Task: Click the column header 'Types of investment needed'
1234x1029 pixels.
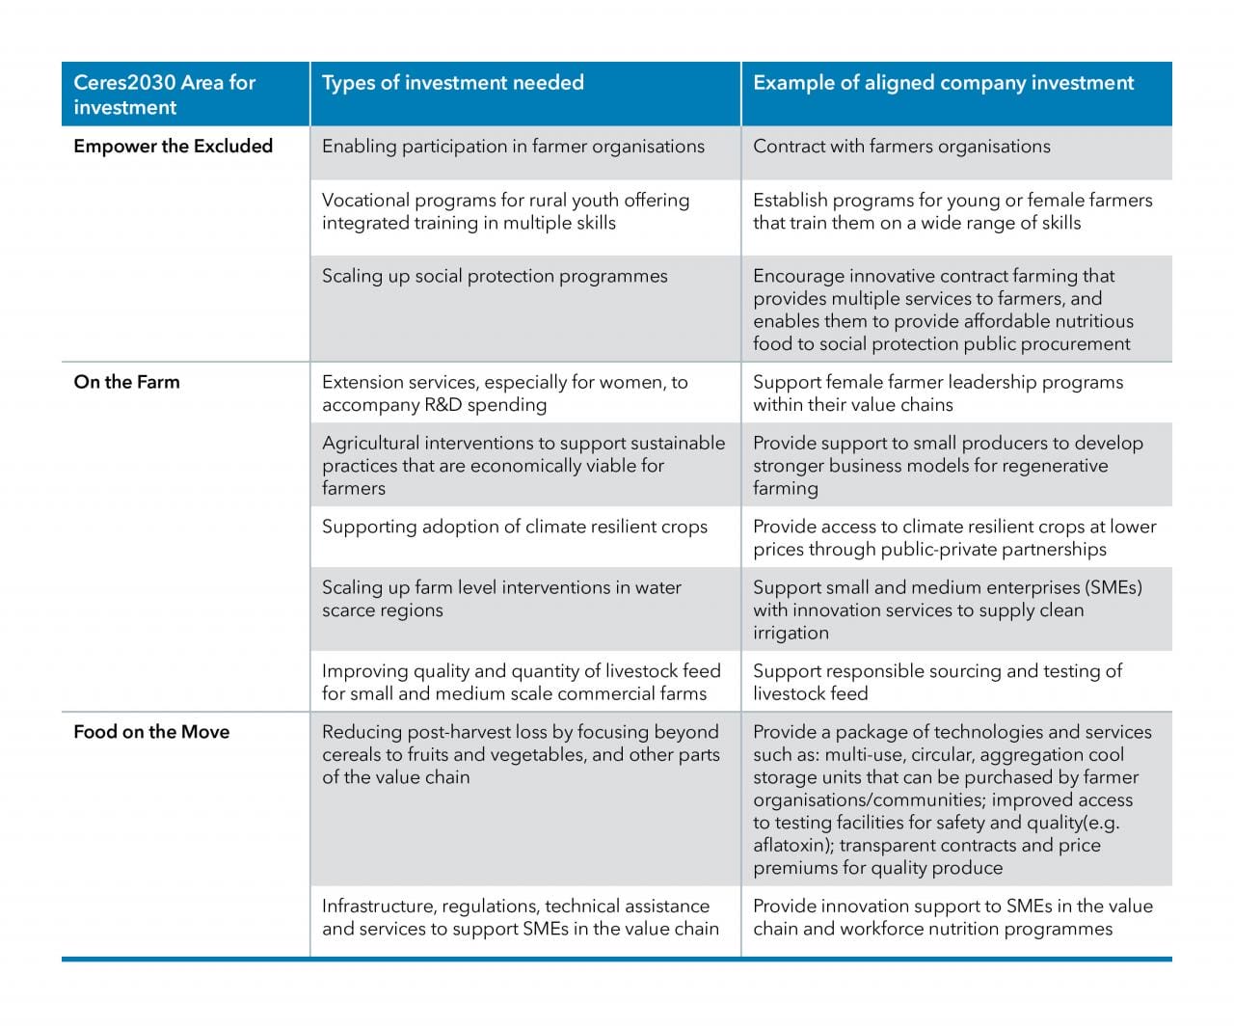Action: point(452,83)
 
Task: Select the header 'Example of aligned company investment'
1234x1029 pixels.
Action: point(943,83)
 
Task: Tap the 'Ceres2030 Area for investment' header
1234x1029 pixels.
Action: point(165,95)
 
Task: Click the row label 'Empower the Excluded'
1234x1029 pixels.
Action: point(173,146)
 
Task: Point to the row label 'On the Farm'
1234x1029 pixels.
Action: point(126,382)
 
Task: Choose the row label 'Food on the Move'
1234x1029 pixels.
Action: point(151,732)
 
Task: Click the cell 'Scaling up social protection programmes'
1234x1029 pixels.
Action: point(495,276)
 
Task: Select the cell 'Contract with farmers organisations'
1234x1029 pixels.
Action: point(901,147)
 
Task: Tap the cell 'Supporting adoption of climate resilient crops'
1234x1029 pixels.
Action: point(514,527)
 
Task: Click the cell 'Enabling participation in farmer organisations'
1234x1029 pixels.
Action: point(513,147)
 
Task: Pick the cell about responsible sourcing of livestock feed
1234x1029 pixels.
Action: point(937,682)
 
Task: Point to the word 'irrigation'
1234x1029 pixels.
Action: point(791,634)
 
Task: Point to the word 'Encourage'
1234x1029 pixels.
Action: point(796,276)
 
